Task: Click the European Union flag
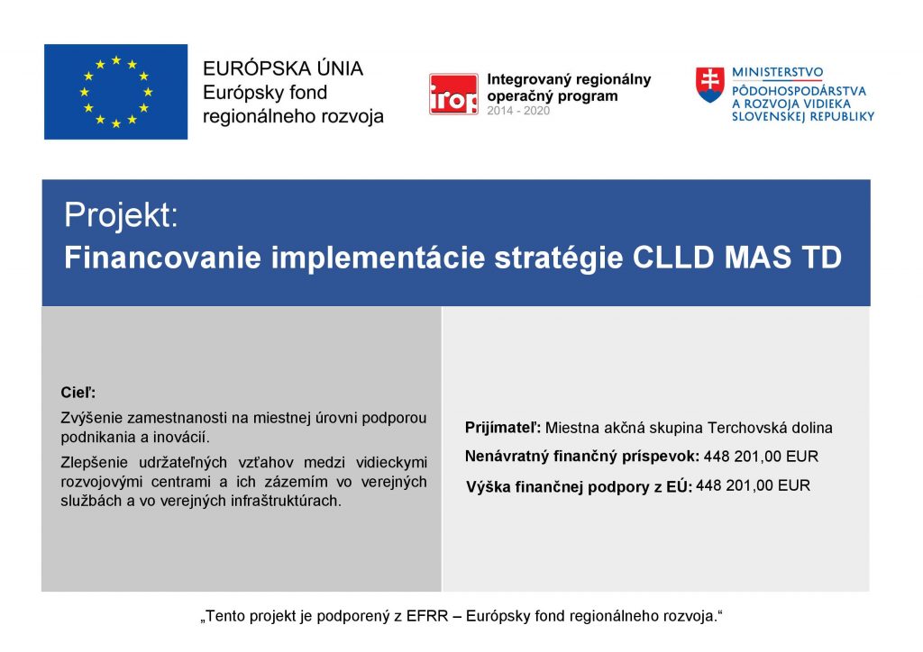(x=116, y=92)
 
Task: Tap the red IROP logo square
(x=453, y=94)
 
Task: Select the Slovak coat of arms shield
(x=710, y=85)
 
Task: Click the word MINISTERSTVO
(x=777, y=72)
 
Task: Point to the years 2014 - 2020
(x=518, y=111)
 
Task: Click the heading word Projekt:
(x=121, y=214)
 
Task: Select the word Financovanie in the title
(x=162, y=258)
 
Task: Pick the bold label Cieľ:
(x=78, y=392)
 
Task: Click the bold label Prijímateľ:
(x=503, y=428)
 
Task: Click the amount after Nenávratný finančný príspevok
(x=761, y=457)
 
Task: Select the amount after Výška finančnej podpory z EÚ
(x=753, y=485)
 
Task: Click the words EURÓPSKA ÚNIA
(x=282, y=68)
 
